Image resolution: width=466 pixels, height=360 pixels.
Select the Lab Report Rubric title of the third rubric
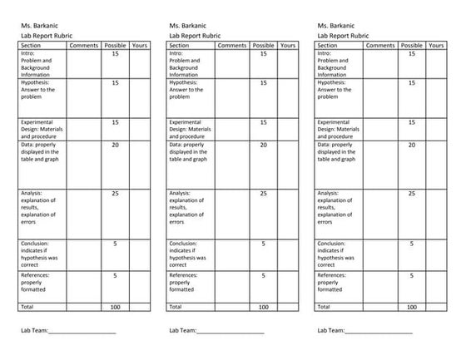[345, 36]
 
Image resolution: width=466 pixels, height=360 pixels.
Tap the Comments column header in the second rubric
[231, 45]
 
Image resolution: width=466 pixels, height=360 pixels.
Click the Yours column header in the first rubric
[140, 45]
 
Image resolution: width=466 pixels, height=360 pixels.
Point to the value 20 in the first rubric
[115, 145]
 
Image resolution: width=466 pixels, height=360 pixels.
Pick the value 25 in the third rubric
[411, 194]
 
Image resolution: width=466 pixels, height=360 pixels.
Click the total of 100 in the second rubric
[263, 307]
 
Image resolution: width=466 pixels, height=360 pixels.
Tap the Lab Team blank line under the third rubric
[379, 331]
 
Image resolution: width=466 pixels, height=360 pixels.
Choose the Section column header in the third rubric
[329, 45]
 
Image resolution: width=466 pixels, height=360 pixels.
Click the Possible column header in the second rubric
[263, 45]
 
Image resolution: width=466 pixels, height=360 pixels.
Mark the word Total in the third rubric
[325, 307]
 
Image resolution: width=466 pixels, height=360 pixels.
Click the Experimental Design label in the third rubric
[338, 129]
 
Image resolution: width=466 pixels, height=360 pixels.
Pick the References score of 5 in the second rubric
[263, 275]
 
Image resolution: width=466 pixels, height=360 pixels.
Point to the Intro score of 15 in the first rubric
[115, 53]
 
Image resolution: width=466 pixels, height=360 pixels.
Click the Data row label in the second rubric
[187, 152]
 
